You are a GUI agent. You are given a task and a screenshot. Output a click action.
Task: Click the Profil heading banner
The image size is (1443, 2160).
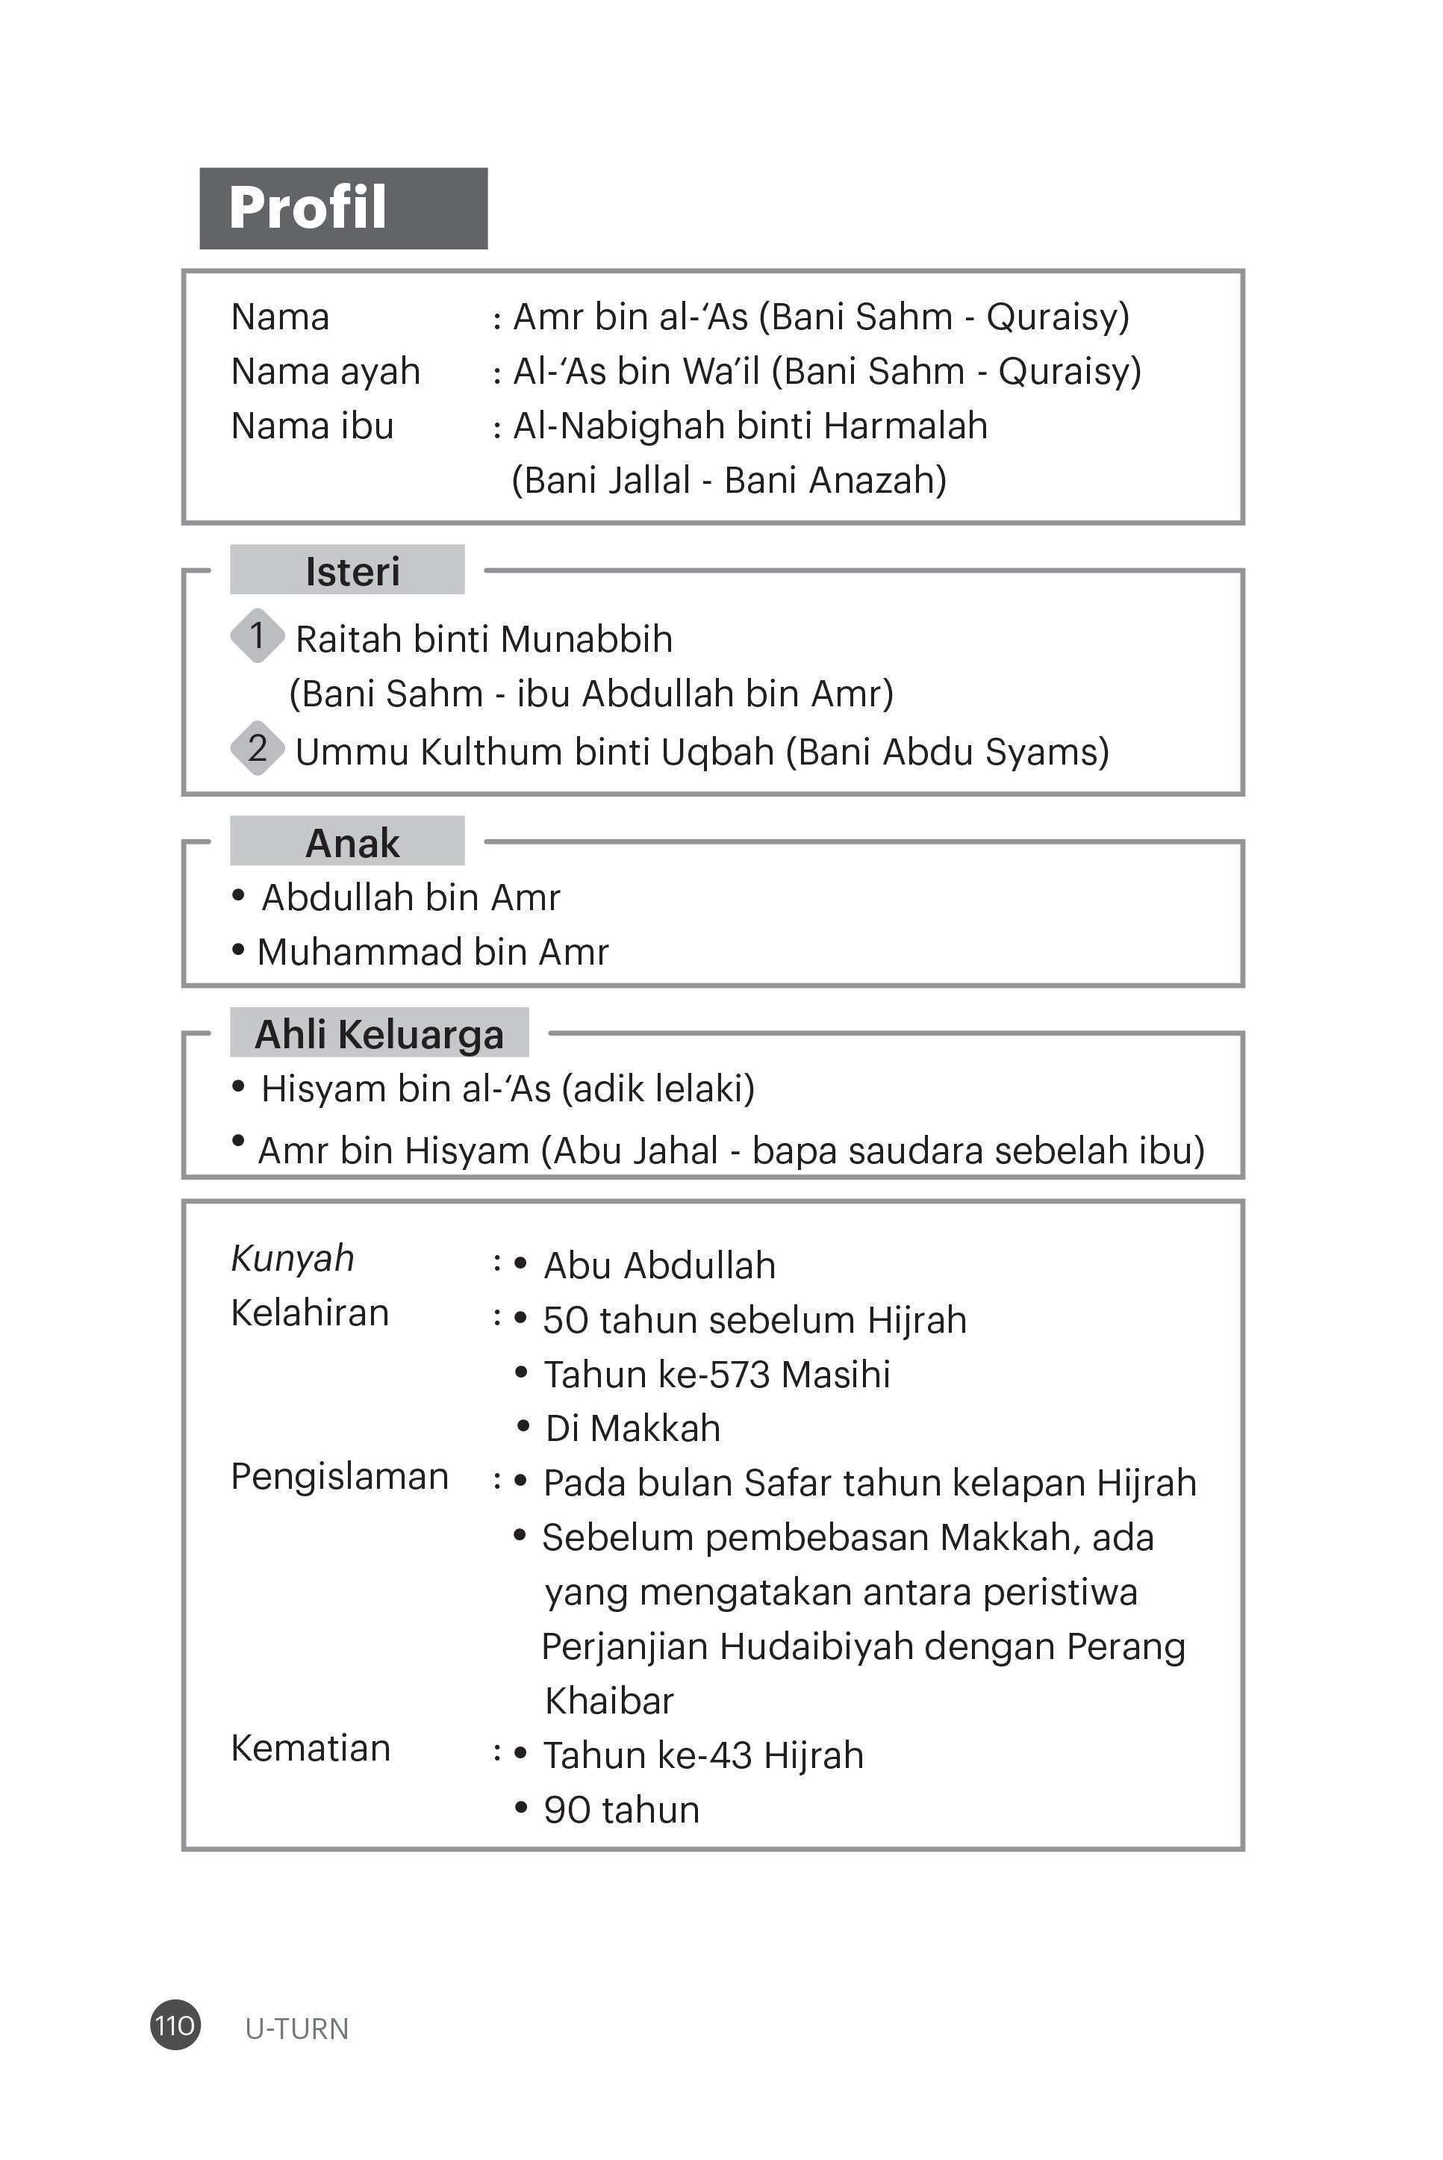(x=343, y=208)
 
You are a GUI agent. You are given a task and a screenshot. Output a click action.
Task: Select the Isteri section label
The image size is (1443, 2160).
(x=352, y=571)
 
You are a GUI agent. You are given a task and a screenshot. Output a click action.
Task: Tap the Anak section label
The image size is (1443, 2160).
(x=352, y=842)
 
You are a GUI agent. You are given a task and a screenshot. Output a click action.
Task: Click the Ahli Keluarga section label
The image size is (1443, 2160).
(x=379, y=1033)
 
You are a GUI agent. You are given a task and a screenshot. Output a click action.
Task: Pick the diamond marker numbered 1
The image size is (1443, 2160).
(x=257, y=636)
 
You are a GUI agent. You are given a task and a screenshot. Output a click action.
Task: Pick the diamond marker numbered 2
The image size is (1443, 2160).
(x=257, y=748)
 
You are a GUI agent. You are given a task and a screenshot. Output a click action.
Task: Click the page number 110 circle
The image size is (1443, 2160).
(x=175, y=2025)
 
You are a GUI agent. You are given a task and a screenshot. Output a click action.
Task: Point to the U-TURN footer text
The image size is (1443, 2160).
(x=296, y=2029)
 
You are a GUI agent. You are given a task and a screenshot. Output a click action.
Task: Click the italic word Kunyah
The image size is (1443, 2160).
(x=293, y=1258)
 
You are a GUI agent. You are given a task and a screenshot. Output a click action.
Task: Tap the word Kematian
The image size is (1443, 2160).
(x=310, y=1748)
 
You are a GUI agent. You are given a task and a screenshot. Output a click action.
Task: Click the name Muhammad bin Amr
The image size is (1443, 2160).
(x=432, y=953)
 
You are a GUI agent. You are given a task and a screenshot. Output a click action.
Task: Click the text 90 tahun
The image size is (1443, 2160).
(x=621, y=1809)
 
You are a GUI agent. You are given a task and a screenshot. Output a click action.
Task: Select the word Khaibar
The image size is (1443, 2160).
(x=609, y=1701)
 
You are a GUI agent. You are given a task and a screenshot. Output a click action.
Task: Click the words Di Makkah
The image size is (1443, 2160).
(x=632, y=1428)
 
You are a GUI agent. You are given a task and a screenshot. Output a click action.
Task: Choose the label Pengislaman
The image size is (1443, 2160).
(x=340, y=1476)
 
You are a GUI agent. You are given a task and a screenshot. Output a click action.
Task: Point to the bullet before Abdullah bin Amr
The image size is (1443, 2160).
(x=238, y=894)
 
